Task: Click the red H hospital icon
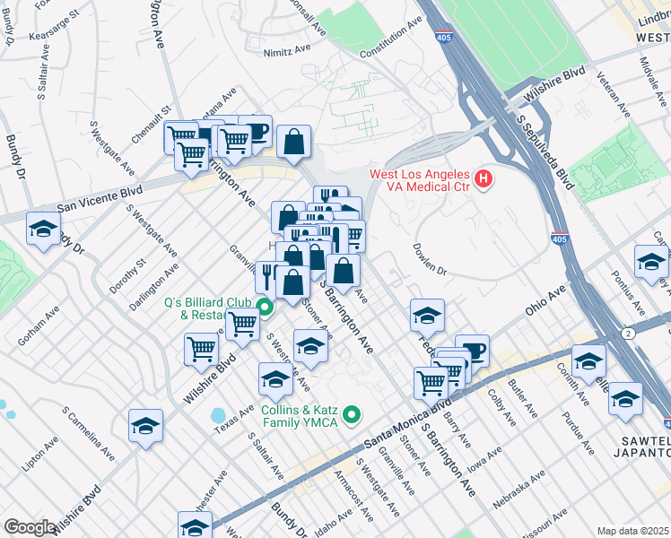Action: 484,179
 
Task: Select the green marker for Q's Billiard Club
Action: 265,308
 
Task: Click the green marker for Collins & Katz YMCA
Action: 353,414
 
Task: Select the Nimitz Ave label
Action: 286,53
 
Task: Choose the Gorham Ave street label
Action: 38,328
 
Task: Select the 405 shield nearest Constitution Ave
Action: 456,38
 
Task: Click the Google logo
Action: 30,527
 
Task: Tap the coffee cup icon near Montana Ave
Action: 255,132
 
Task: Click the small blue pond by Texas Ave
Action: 217,416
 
